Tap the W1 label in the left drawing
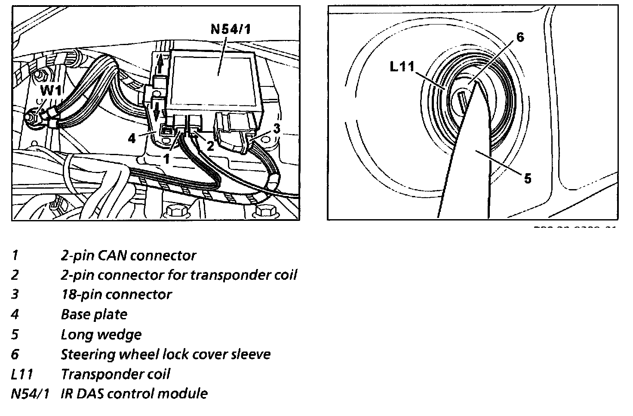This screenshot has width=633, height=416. [x=53, y=91]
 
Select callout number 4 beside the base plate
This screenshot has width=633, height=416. [x=132, y=138]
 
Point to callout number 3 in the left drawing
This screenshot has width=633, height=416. [x=277, y=128]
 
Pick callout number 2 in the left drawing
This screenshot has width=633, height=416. [x=210, y=145]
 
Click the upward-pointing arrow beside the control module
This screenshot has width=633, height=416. [x=160, y=64]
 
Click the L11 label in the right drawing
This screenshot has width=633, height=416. [x=402, y=67]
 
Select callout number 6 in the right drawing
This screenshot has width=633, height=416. [x=520, y=37]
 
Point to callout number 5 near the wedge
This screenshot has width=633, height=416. [x=527, y=177]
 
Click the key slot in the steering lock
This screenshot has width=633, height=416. [x=462, y=104]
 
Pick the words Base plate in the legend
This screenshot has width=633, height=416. [x=94, y=315]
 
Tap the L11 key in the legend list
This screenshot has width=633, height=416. [x=22, y=374]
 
